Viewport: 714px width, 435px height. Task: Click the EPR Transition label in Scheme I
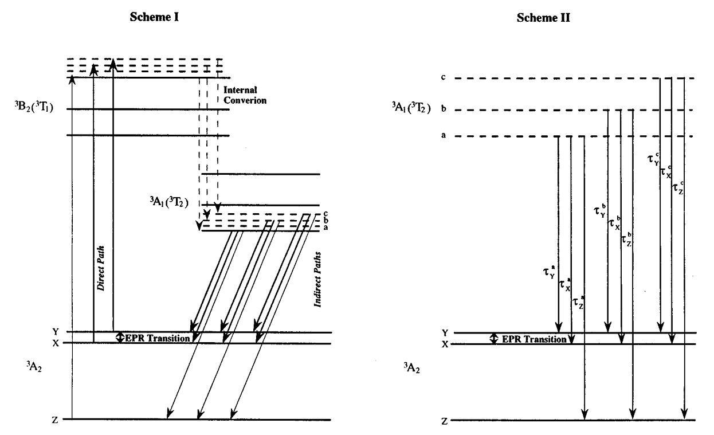point(157,338)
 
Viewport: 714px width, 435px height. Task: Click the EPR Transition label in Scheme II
point(534,339)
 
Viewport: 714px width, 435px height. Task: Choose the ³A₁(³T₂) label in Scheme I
point(170,202)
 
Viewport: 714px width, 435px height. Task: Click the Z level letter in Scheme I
point(55,420)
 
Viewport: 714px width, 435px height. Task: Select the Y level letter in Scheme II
point(444,332)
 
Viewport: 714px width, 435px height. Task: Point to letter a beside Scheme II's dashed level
point(444,136)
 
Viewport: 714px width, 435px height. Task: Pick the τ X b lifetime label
point(614,224)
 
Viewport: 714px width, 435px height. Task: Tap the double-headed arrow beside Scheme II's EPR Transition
point(494,339)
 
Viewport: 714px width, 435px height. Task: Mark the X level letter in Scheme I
point(55,343)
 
